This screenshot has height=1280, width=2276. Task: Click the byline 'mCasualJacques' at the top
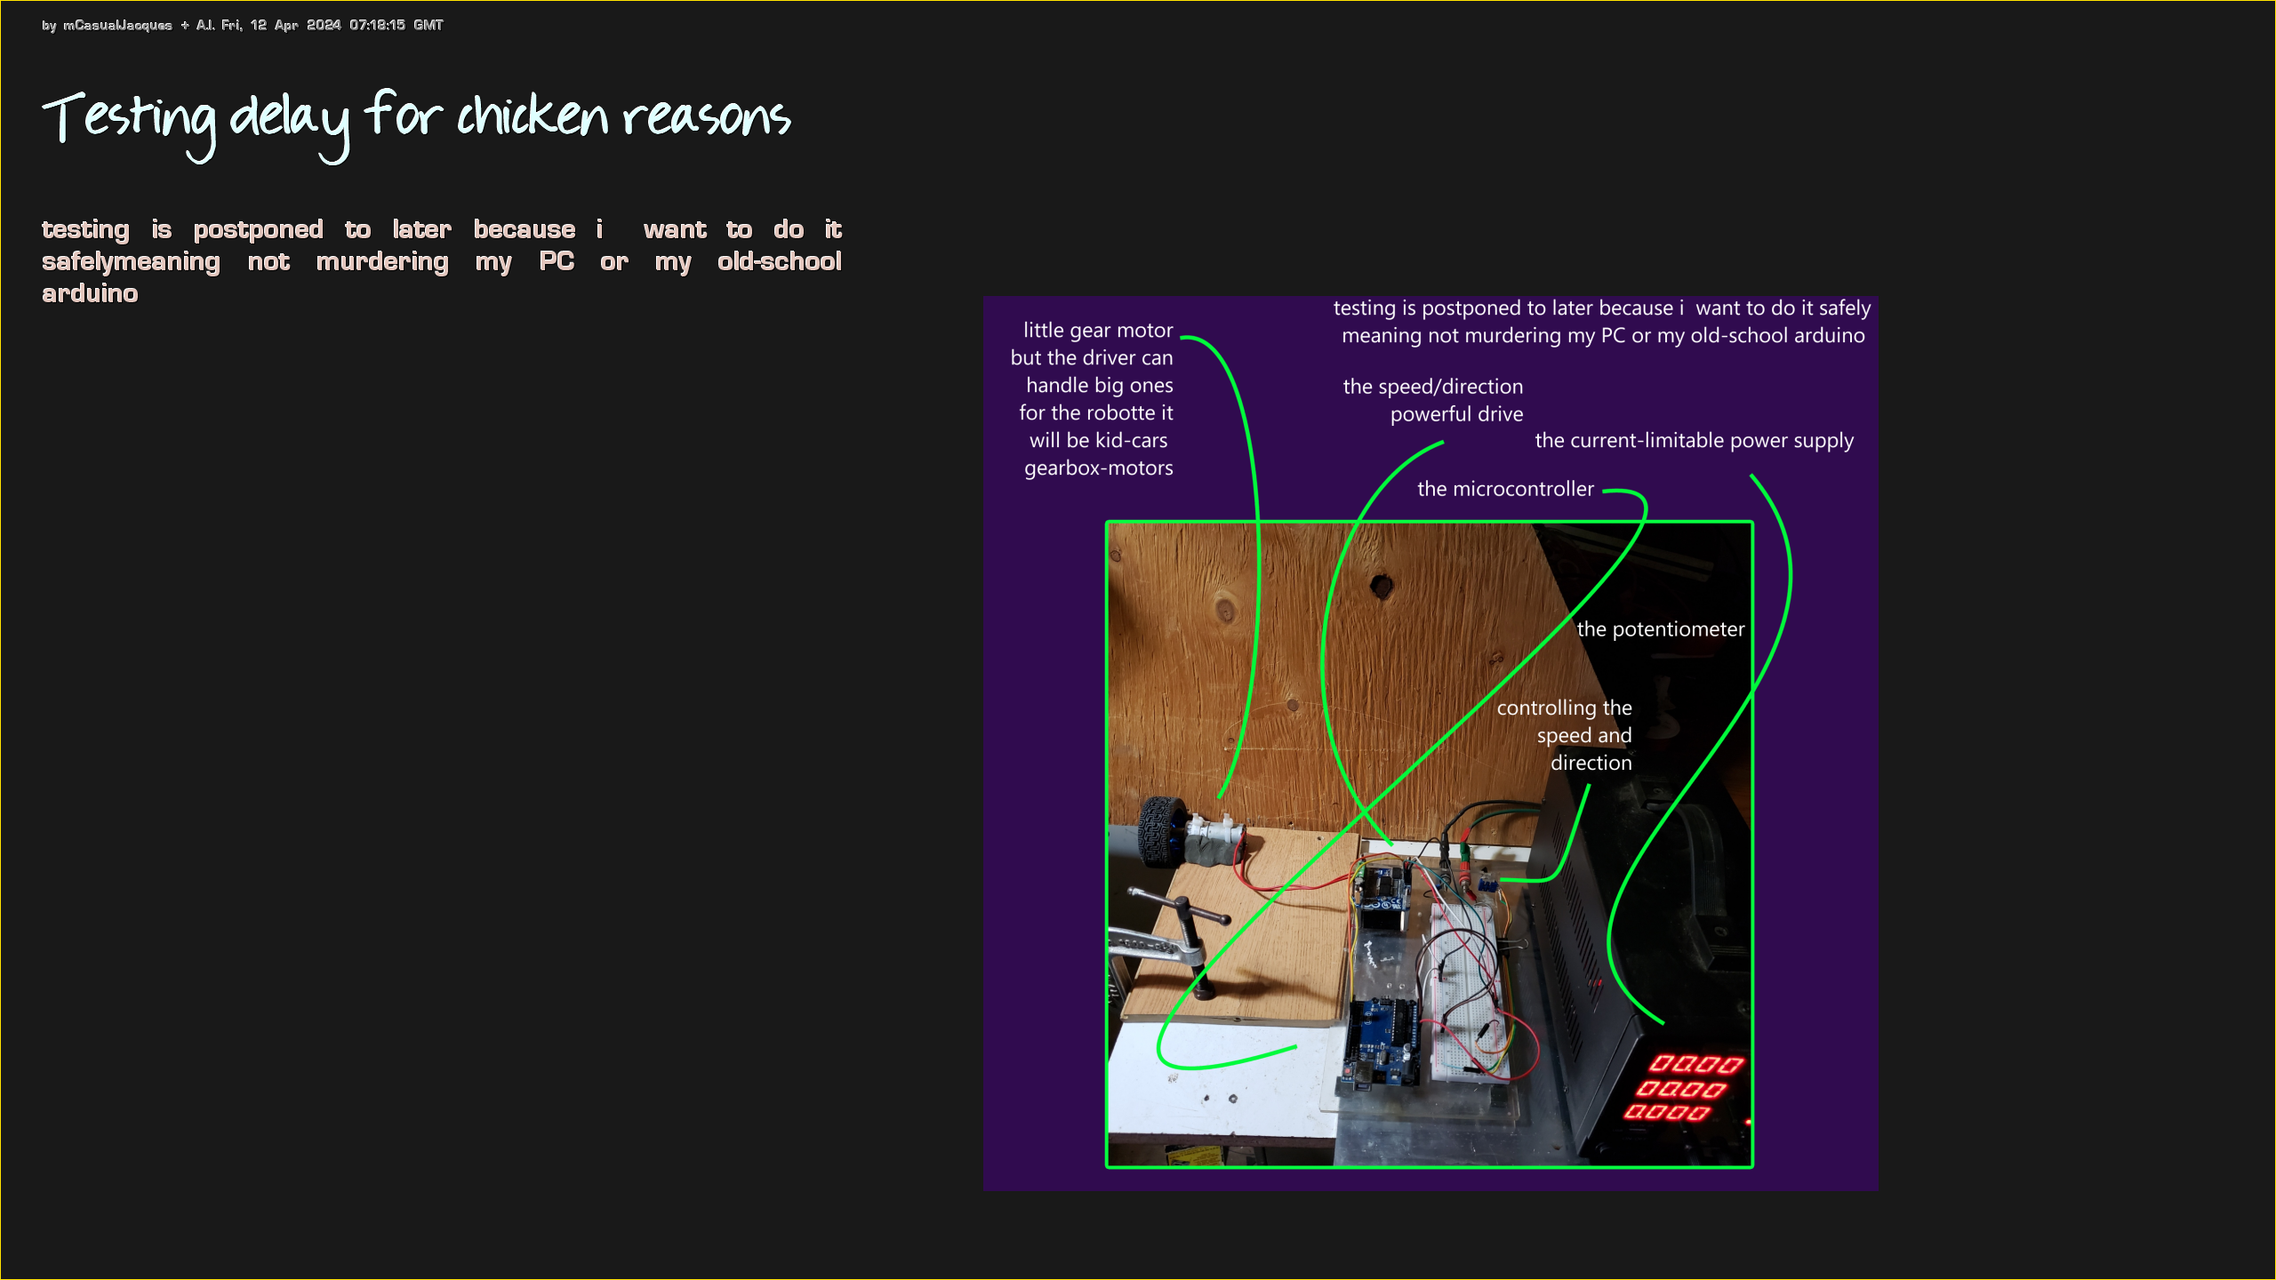click(x=117, y=25)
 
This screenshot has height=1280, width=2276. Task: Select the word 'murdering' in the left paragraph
click(x=382, y=262)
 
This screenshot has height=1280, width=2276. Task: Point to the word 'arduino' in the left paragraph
click(x=90, y=293)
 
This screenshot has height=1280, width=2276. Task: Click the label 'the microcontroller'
click(x=1505, y=489)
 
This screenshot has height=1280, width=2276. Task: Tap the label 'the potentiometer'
click(x=1661, y=629)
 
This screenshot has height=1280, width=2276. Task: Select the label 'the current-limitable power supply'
click(x=1695, y=441)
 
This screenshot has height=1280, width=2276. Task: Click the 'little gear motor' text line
click(x=1098, y=331)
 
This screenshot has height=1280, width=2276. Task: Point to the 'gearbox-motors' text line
click(x=1099, y=468)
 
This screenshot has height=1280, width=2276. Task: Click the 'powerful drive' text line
click(x=1456, y=414)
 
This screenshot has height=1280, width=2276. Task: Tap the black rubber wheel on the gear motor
click(x=1159, y=831)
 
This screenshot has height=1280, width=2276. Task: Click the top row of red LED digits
click(x=1696, y=1064)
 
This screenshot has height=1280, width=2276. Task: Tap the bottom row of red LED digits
click(x=1667, y=1112)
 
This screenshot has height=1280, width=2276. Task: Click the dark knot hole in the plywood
click(x=1382, y=586)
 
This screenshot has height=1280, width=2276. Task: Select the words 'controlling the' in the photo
click(x=1564, y=708)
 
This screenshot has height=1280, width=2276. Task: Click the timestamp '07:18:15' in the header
click(x=377, y=25)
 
